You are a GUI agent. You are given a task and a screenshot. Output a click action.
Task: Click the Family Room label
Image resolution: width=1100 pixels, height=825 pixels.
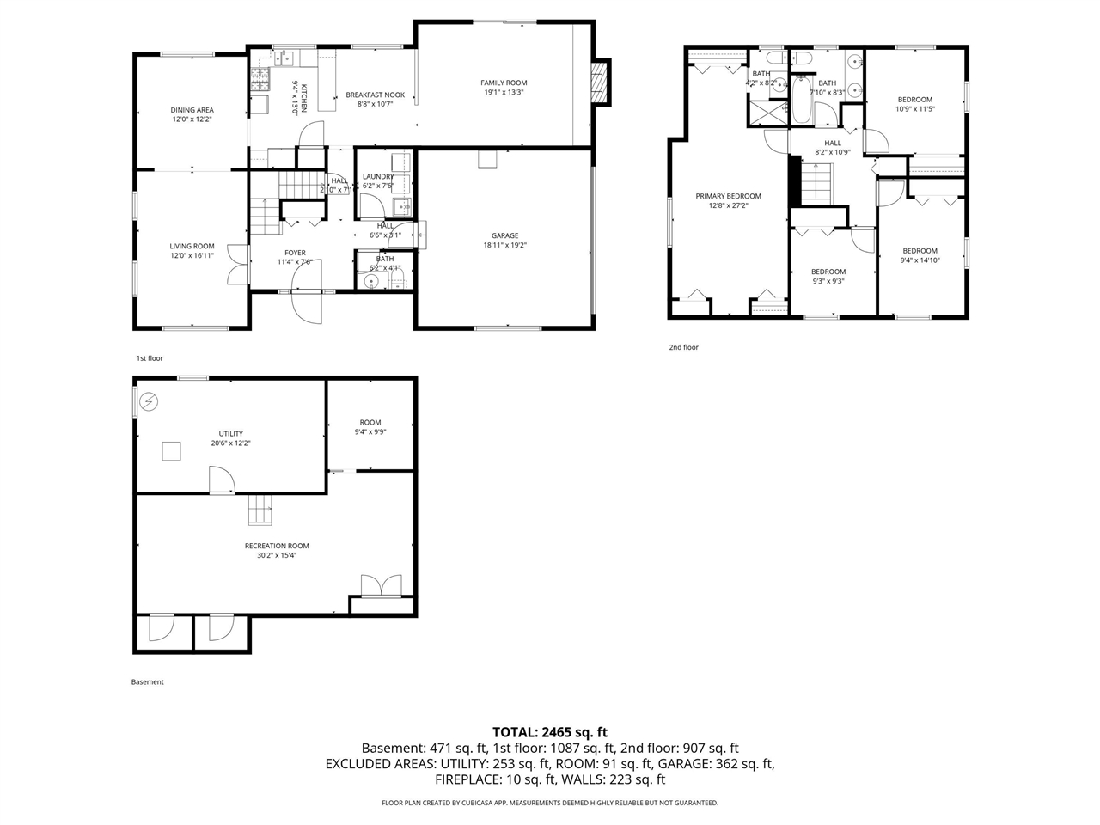pyautogui.click(x=504, y=83)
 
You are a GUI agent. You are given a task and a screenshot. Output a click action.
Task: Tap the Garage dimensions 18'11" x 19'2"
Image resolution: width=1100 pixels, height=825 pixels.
pyautogui.click(x=504, y=245)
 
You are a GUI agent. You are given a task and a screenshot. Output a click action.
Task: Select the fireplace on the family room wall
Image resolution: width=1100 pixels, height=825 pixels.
pyautogui.click(x=601, y=82)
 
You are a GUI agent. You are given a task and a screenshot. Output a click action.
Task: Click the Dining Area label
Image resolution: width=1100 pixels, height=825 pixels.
pyautogui.click(x=192, y=110)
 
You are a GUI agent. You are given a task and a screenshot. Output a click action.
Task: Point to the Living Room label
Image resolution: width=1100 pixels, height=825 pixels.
pyautogui.click(x=192, y=247)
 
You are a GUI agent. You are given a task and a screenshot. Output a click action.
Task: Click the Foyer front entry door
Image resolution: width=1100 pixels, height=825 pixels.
pyautogui.click(x=307, y=305)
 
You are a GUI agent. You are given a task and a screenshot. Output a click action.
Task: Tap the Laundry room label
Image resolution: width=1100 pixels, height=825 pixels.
pyautogui.click(x=378, y=177)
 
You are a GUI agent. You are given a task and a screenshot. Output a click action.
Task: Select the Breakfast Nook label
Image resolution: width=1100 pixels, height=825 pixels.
pyautogui.click(x=375, y=95)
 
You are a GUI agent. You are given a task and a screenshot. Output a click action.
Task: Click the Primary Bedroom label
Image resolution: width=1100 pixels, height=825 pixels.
pyautogui.click(x=728, y=196)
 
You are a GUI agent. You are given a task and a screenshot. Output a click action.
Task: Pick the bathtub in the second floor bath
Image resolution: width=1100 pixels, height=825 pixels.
pyautogui.click(x=801, y=101)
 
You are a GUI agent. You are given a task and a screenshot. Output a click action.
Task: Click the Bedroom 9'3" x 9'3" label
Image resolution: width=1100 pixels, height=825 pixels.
pyautogui.click(x=828, y=272)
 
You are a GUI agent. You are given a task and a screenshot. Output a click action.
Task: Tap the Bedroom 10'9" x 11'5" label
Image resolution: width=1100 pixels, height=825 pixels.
pyautogui.click(x=914, y=100)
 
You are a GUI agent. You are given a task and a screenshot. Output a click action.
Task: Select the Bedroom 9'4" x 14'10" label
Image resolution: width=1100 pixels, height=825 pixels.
pyautogui.click(x=920, y=251)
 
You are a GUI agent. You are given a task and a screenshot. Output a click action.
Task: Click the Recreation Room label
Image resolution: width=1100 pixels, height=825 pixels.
pyautogui.click(x=277, y=546)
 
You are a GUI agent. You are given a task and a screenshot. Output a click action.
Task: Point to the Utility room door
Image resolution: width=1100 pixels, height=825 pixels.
pyautogui.click(x=221, y=480)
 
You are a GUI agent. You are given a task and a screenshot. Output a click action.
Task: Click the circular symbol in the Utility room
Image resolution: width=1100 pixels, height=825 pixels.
pyautogui.click(x=150, y=401)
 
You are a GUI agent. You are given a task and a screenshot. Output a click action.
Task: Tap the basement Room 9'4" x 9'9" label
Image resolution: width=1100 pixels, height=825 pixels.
pyautogui.click(x=370, y=423)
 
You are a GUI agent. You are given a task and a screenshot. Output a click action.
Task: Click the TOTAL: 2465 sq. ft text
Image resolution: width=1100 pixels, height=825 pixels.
pyautogui.click(x=550, y=732)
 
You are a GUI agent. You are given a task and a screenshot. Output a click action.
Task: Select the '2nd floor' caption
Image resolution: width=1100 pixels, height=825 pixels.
pyautogui.click(x=684, y=347)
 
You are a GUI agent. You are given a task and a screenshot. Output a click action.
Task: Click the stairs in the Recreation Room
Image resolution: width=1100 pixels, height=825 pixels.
pyautogui.click(x=260, y=510)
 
